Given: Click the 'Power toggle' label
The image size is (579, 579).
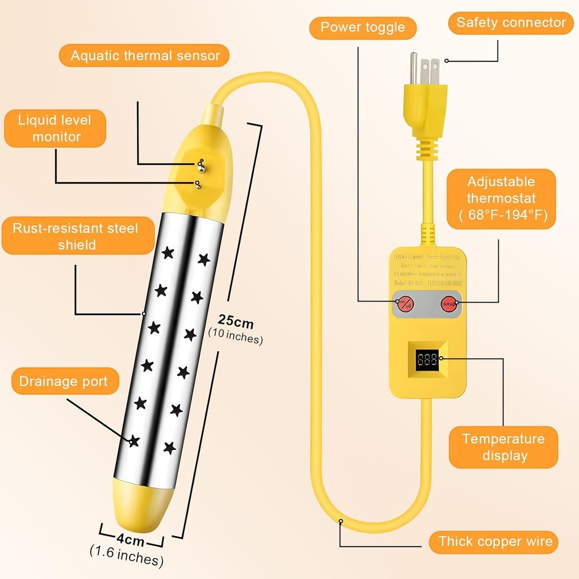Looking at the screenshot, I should pyautogui.click(x=362, y=27).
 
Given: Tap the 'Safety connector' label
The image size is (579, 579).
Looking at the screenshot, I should pyautogui.click(x=511, y=23).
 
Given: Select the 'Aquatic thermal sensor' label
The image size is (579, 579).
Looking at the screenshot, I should pyautogui.click(x=145, y=56).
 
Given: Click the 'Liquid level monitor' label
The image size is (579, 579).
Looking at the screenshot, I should pyautogui.click(x=56, y=128).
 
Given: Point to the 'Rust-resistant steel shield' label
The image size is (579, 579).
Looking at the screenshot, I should pyautogui.click(x=76, y=236).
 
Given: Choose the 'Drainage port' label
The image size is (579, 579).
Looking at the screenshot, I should pyautogui.click(x=63, y=382).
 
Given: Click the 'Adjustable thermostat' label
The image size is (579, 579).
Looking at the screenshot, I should pyautogui.click(x=501, y=199).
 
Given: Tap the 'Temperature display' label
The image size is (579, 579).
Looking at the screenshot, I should pyautogui.click(x=503, y=447).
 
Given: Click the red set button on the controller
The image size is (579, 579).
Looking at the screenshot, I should pyautogui.click(x=449, y=302).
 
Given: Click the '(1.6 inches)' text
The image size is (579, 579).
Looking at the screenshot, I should pyautogui.click(x=126, y=559).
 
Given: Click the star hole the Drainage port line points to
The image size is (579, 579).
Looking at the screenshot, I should pyautogui.click(x=134, y=441).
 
